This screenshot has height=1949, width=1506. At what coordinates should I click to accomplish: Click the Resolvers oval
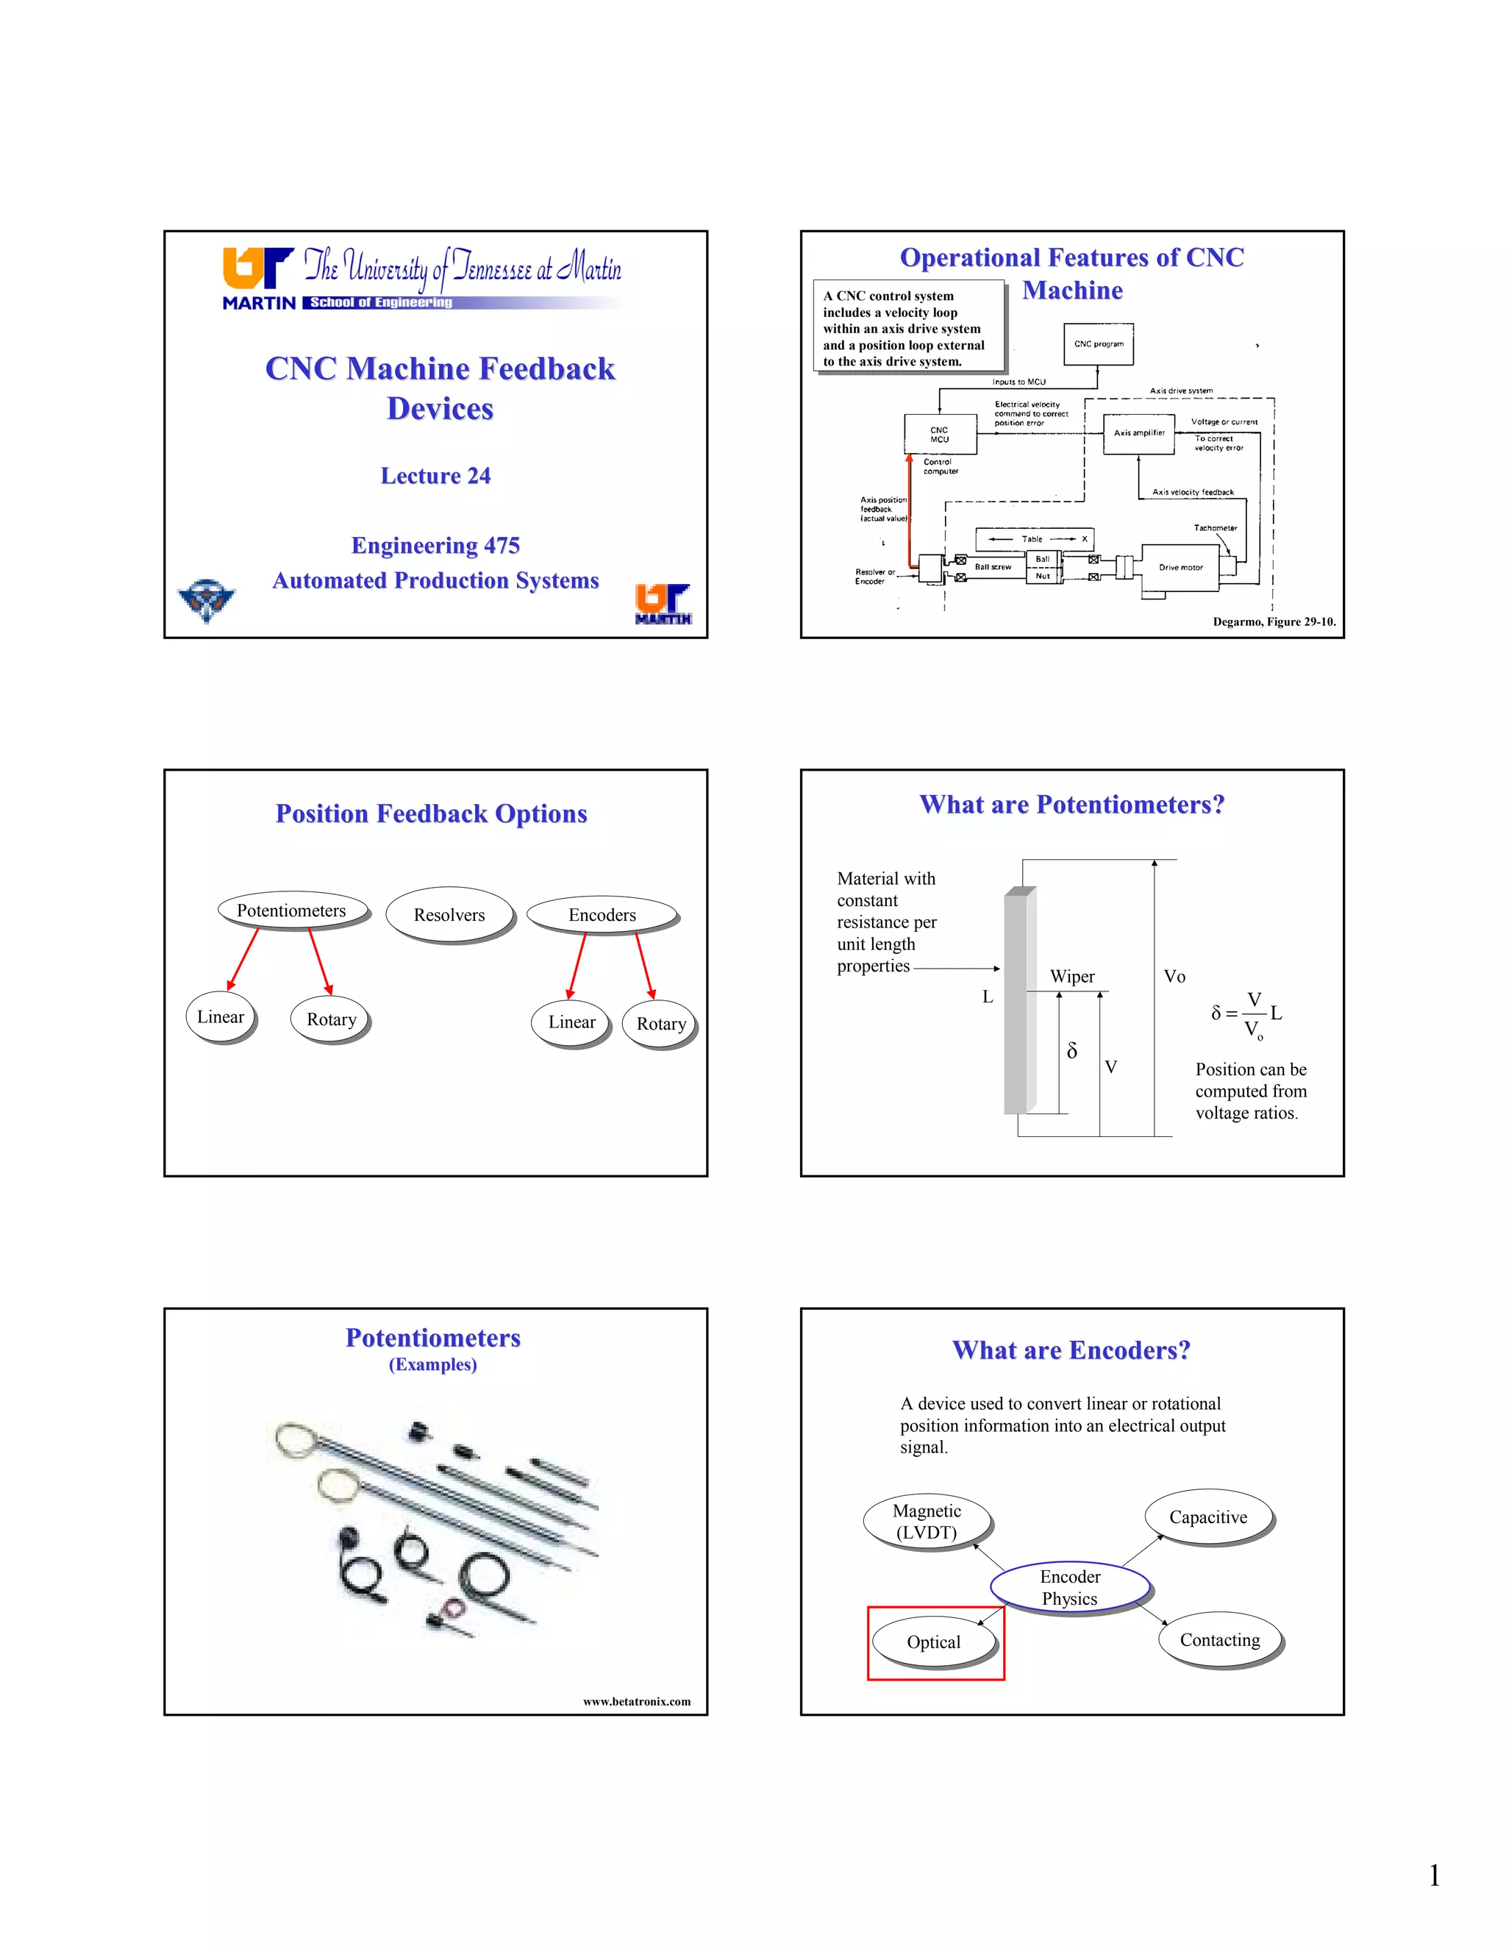point(449,915)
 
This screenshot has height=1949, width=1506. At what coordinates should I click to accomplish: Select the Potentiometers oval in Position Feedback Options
point(292,911)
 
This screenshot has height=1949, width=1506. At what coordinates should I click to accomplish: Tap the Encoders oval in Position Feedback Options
point(602,915)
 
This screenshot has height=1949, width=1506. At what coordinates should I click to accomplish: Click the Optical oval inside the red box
point(933,1642)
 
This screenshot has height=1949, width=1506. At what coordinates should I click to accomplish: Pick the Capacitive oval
point(1208,1517)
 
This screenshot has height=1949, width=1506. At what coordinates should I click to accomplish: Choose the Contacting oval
point(1220,1640)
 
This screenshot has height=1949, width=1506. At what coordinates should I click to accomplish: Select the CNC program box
point(1099,343)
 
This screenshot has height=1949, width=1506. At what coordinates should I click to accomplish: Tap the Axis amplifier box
point(1138,434)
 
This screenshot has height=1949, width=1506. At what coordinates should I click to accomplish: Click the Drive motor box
point(1180,568)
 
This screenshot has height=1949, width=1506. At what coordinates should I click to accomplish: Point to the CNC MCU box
point(940,435)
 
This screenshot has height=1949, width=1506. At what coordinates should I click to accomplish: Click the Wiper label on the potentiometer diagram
point(1071,976)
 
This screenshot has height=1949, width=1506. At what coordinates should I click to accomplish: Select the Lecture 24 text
point(435,476)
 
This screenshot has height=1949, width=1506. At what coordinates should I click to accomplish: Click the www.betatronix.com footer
point(636,1702)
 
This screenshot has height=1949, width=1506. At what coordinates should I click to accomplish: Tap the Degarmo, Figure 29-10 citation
point(1273,622)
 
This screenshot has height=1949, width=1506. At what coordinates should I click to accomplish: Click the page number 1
point(1434,1876)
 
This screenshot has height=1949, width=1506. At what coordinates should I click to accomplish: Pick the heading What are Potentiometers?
point(1071,805)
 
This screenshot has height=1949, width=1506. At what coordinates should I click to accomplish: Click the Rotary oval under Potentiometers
point(331,1019)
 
